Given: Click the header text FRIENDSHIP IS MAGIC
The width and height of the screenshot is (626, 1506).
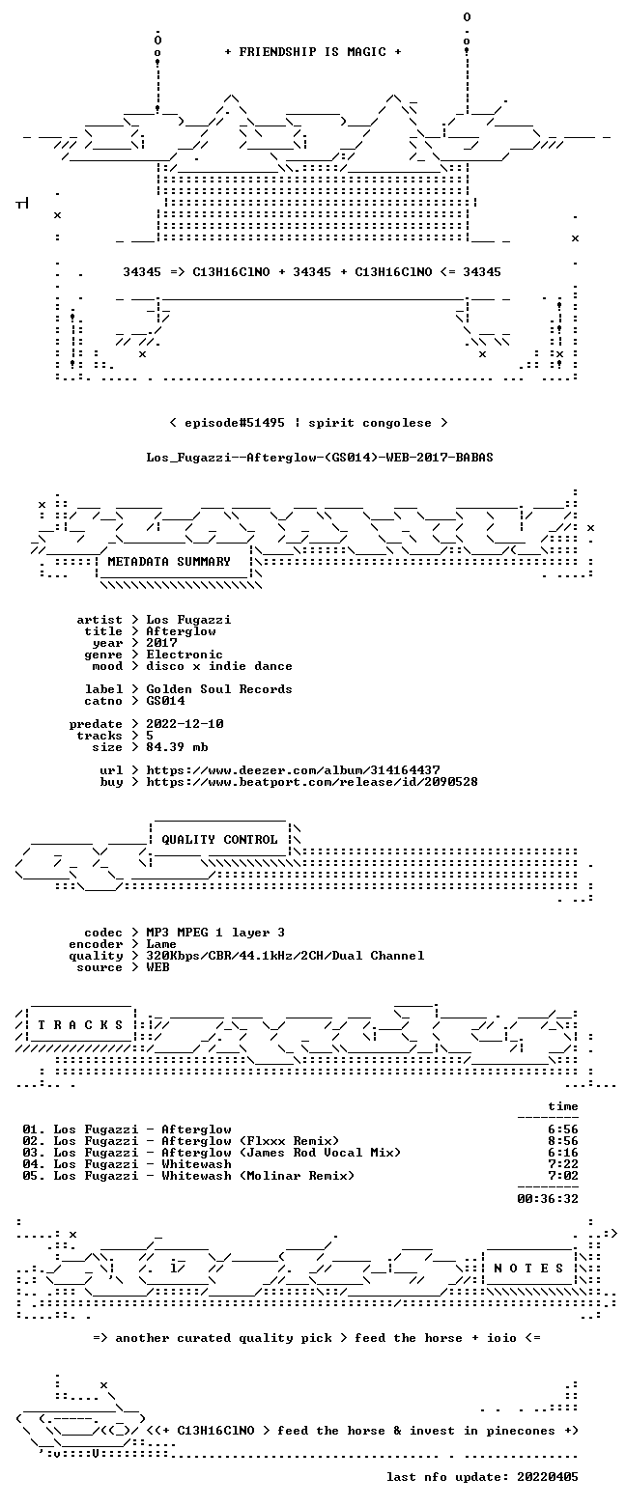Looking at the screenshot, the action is tap(313, 52).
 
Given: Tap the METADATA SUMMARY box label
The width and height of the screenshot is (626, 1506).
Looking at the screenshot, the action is tap(169, 562).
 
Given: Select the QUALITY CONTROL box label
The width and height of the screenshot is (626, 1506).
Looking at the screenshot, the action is tap(219, 840).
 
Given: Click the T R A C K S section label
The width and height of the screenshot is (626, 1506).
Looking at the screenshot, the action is tap(81, 1024).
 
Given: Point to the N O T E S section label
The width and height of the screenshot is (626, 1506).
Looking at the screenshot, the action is tap(529, 1268).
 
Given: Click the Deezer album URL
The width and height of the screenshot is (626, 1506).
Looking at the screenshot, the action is tap(294, 770).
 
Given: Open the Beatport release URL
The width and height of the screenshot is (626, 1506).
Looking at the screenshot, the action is tap(312, 782).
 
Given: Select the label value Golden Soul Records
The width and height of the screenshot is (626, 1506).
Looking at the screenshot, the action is tap(219, 689).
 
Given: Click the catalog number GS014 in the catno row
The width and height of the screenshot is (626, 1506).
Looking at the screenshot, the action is tap(165, 701).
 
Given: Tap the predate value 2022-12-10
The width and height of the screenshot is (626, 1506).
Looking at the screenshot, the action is tap(185, 724).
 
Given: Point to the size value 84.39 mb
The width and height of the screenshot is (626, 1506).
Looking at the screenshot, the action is tap(177, 747).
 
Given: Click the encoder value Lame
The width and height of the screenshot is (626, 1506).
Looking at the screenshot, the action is tap(161, 944).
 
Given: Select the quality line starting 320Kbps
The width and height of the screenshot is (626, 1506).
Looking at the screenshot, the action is tap(285, 956).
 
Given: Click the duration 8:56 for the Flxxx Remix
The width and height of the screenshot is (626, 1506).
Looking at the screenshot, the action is tap(563, 1141).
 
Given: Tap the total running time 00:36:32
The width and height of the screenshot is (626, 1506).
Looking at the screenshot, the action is tap(548, 1198).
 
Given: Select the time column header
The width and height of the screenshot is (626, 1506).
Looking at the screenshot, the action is tap(563, 1106).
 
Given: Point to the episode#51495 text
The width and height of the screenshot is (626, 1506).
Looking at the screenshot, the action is tap(235, 423).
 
